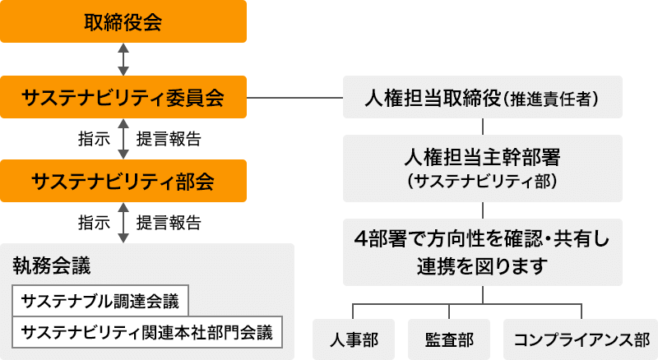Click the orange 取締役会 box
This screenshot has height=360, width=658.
point(123,21)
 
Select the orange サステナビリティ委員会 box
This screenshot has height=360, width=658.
point(123,98)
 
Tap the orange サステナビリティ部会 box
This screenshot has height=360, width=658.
point(123,180)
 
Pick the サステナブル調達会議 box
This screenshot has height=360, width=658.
point(101,300)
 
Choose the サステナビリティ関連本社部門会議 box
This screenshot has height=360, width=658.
point(147,332)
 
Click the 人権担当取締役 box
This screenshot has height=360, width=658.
point(482,98)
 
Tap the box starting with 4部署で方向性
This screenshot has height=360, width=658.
point(482,252)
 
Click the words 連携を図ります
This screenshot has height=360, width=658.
point(482,266)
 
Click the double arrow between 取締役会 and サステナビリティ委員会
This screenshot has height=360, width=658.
point(123,59)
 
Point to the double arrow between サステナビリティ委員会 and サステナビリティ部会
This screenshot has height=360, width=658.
point(123,139)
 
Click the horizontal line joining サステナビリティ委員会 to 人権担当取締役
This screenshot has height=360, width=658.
point(294,98)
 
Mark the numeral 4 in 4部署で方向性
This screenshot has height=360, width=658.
point(359,239)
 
